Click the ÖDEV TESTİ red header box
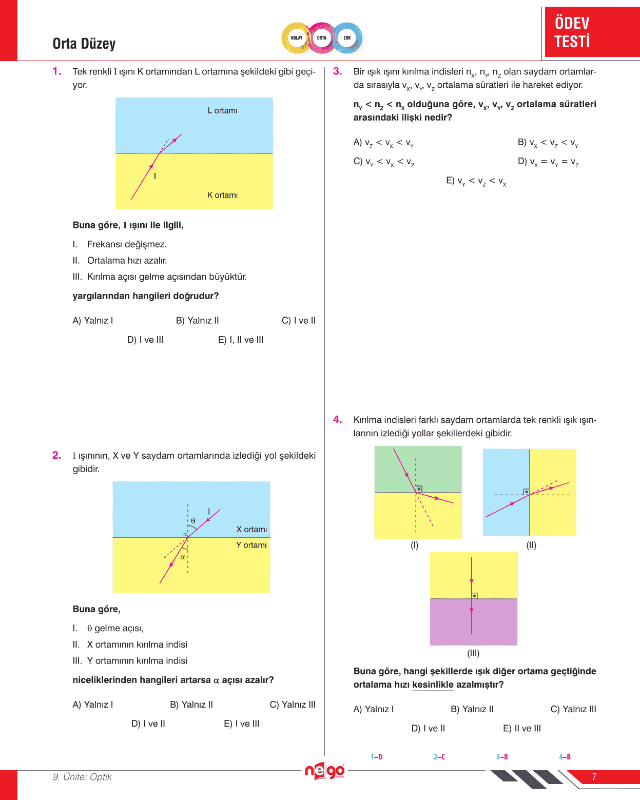point(591,32)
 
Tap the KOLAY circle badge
point(297,38)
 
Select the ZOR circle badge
point(347,38)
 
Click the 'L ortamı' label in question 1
point(222,111)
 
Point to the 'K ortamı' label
point(222,195)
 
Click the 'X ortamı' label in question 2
point(251,530)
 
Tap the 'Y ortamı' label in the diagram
point(251,545)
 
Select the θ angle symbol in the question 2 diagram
point(193,521)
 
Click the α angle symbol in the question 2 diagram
point(182,557)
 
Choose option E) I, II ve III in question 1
point(241,340)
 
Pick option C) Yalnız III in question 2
point(293,705)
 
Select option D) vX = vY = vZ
point(548,162)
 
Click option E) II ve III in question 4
point(522,728)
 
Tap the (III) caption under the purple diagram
point(473,653)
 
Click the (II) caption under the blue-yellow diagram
point(531,545)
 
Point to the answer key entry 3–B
point(502,757)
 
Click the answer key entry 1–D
point(376,757)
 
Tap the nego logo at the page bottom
point(324,771)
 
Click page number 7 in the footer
point(594,777)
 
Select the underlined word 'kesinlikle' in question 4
point(433,685)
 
